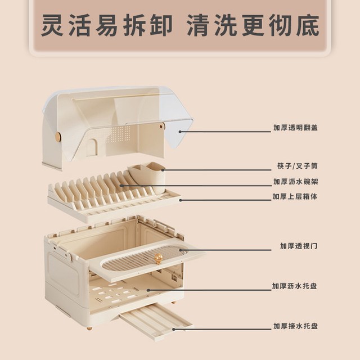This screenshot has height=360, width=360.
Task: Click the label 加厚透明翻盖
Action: click(x=295, y=128)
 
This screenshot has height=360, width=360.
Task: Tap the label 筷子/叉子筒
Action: click(x=298, y=166)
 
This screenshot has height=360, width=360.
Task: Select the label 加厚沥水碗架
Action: click(x=295, y=181)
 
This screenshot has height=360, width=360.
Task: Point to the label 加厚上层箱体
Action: click(x=295, y=196)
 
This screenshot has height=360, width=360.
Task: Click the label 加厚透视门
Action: click(x=299, y=246)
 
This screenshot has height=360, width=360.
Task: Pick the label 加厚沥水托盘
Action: click(x=295, y=286)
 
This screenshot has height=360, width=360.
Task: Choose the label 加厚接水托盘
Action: click(x=295, y=326)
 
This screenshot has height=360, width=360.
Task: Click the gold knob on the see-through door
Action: click(x=157, y=258)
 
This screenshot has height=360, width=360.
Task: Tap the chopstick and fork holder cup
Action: click(x=147, y=177)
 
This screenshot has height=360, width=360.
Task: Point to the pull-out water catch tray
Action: click(x=157, y=319)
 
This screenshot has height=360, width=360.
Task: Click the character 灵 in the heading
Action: click(x=52, y=25)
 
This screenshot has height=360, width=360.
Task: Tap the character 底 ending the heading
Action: click(x=308, y=25)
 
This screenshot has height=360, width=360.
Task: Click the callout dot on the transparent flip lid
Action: click(x=180, y=132)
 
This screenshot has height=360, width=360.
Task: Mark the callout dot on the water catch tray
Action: click(x=174, y=329)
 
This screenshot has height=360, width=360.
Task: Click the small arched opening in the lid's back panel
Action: click(x=91, y=148)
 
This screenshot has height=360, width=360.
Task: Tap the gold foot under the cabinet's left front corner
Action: click(x=89, y=328)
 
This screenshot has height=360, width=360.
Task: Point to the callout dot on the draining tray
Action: click(x=148, y=290)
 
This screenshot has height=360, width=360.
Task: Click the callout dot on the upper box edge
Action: click(x=181, y=200)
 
